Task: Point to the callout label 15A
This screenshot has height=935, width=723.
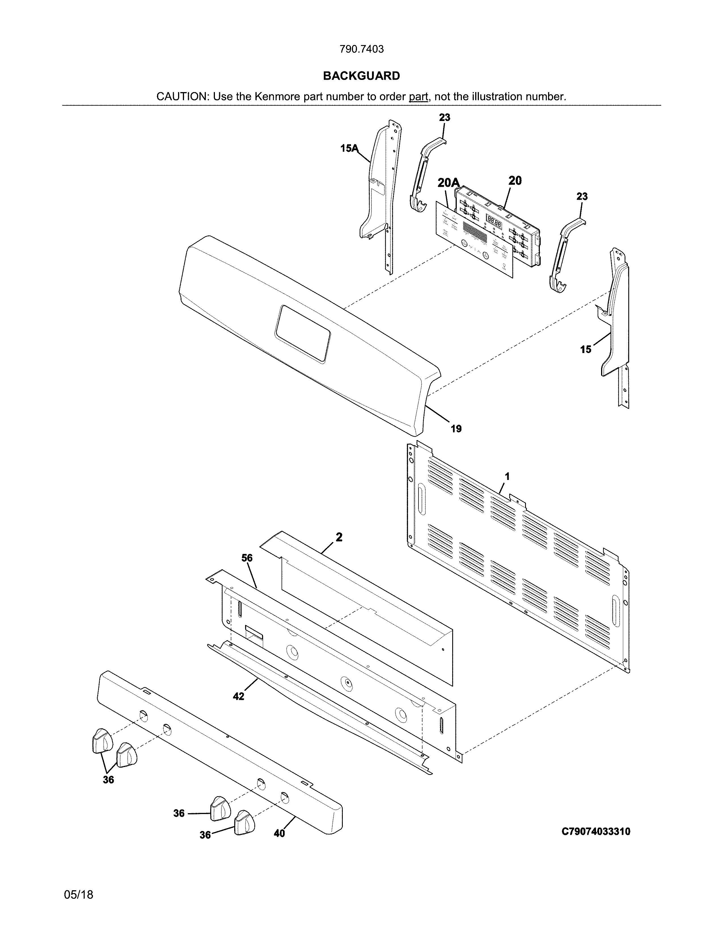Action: click(349, 148)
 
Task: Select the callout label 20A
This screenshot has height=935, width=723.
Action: click(448, 183)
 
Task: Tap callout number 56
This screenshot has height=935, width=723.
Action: click(247, 558)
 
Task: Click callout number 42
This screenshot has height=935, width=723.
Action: click(238, 696)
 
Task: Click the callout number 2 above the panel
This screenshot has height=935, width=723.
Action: click(339, 537)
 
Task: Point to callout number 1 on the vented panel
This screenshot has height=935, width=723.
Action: click(507, 476)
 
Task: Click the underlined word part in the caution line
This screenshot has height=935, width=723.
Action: click(418, 97)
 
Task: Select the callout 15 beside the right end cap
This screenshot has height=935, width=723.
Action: click(585, 350)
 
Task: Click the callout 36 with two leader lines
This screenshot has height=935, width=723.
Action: click(108, 780)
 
